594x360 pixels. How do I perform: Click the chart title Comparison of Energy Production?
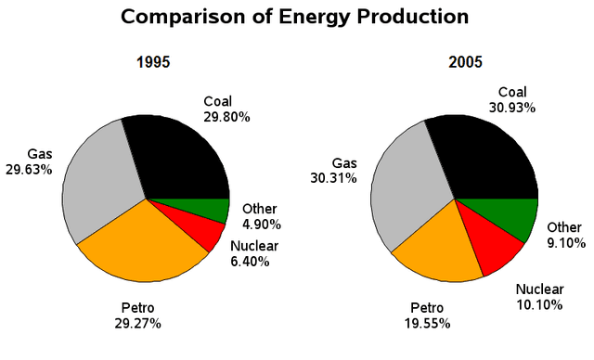click(295, 17)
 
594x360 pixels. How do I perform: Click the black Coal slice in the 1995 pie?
click(181, 158)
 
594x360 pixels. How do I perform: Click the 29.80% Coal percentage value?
click(226, 117)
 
